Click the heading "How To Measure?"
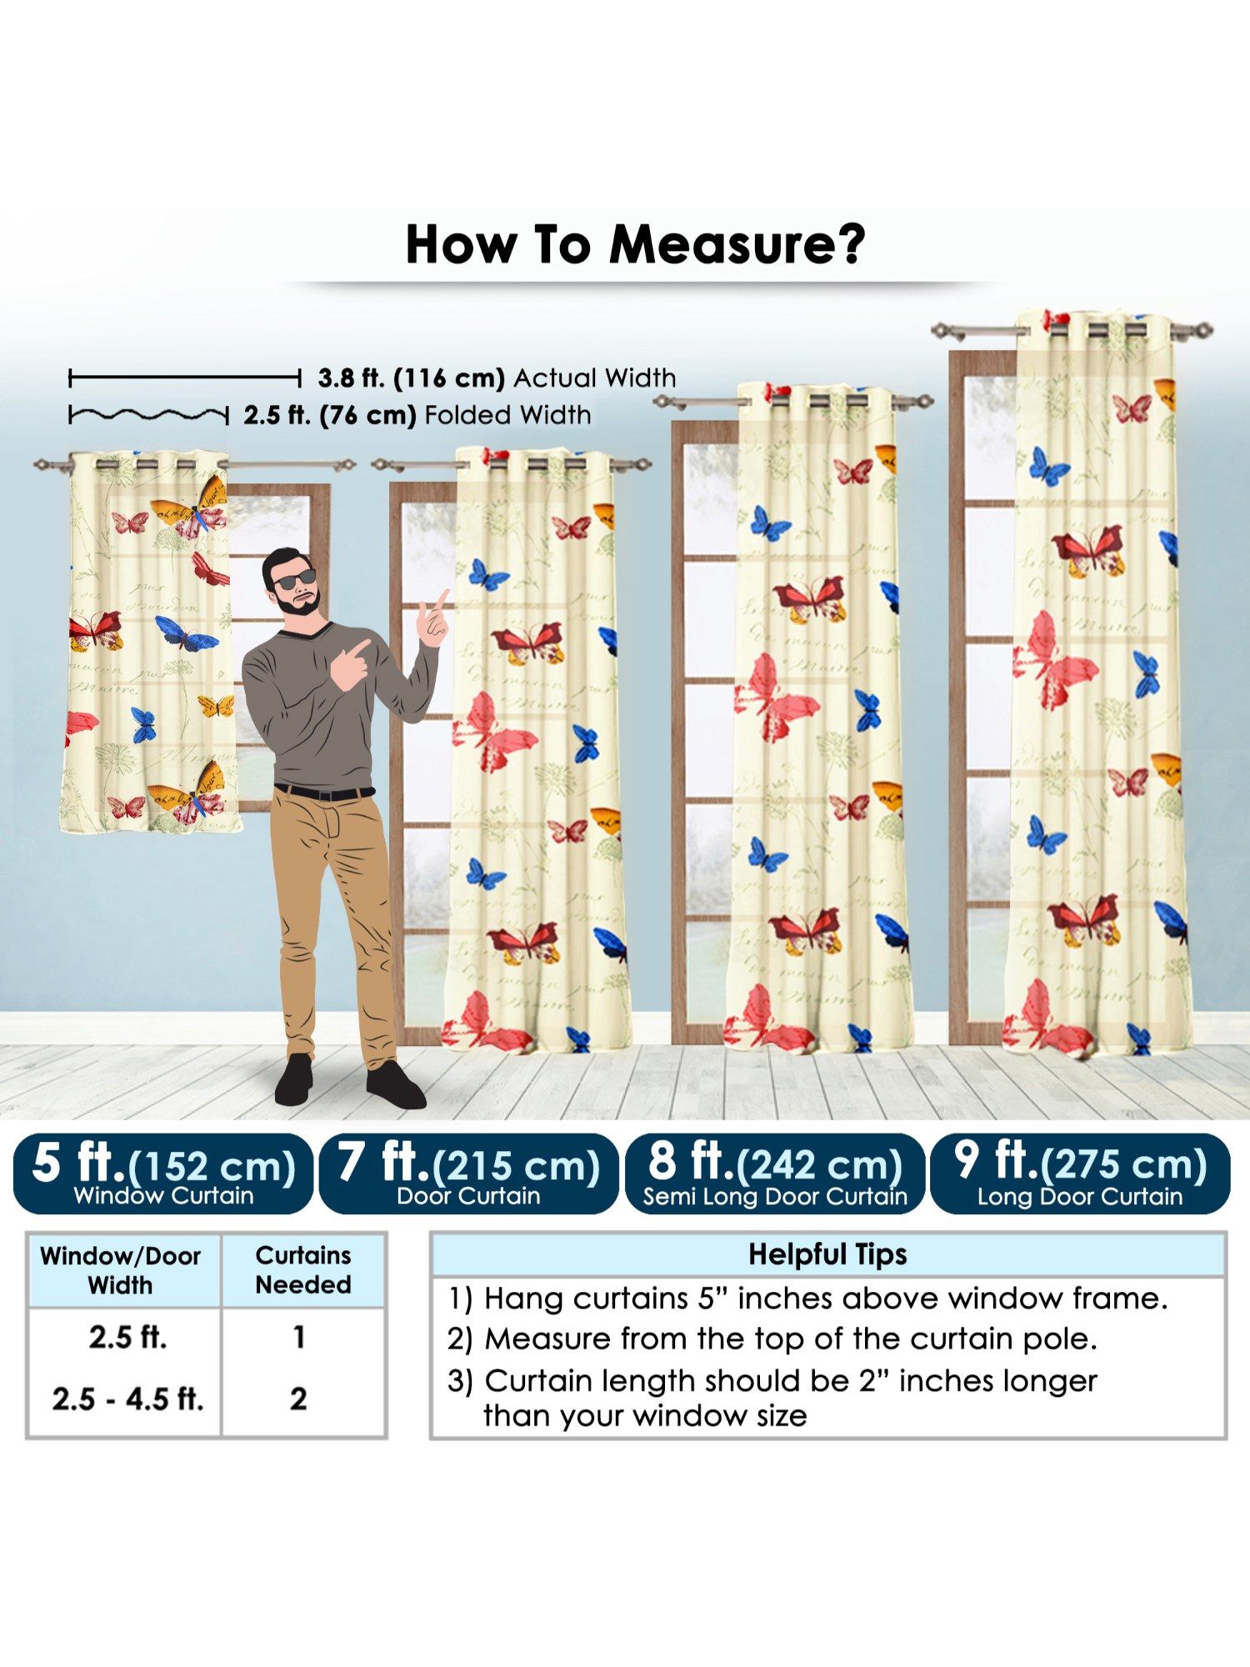pos(635,245)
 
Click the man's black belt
pos(324,792)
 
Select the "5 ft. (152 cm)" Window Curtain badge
pos(163,1174)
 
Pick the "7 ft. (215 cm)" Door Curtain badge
pos(468,1174)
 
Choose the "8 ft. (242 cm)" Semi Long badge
pos(775,1174)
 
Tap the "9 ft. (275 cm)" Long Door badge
pos(1080,1174)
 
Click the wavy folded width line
pos(148,414)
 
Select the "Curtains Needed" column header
pos(303,1269)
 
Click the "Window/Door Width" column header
pos(121,1270)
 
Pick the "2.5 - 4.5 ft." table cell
pos(127,1399)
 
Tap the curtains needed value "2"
pos(298,1399)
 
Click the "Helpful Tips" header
pos(827,1254)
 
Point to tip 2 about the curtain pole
pos(772,1339)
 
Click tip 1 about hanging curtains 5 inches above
pos(808,1299)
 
